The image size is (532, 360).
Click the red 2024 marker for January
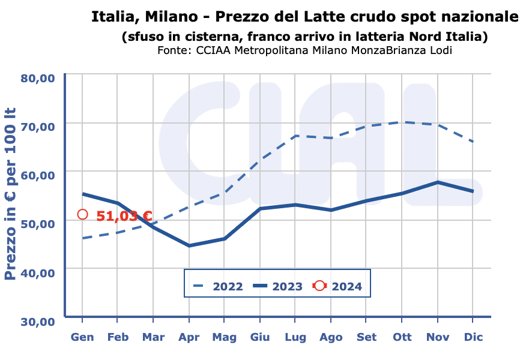coord(83,214)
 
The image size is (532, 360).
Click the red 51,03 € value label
coord(124,216)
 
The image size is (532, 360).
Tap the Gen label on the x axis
coord(82,337)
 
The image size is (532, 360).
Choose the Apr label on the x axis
coord(189,337)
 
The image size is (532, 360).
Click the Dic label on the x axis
coord(473,337)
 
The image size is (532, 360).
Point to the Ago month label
coord(331,337)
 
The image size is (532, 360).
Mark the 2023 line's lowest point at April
coord(189,245)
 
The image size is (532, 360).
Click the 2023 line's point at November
coord(438,182)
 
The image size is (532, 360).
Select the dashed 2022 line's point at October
coord(403,122)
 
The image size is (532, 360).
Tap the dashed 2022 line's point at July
coord(295,136)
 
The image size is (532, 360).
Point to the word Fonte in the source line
coord(174,50)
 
